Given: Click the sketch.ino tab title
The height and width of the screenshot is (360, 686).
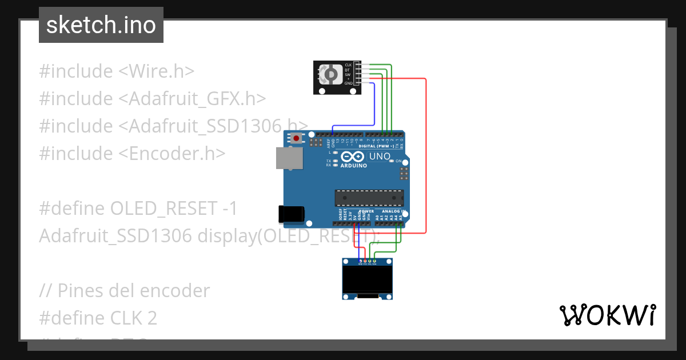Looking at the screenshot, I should point(101,25).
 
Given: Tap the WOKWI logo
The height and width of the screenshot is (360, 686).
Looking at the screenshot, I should point(607,315).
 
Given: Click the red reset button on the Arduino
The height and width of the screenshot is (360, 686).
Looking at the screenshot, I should point(297,138).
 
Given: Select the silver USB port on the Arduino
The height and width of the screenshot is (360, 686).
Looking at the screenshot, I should point(288,158).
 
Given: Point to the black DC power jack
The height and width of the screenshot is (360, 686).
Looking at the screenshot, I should point(289,214).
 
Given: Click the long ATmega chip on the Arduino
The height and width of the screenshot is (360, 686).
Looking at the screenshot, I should point(369,198).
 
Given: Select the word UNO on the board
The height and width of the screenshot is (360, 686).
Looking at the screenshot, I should point(380,157).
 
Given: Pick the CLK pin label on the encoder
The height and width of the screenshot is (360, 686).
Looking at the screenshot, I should point(348,65).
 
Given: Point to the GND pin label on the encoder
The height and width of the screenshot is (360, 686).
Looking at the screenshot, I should point(348,83).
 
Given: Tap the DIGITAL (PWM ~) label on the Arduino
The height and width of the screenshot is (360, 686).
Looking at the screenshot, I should point(375,146).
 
